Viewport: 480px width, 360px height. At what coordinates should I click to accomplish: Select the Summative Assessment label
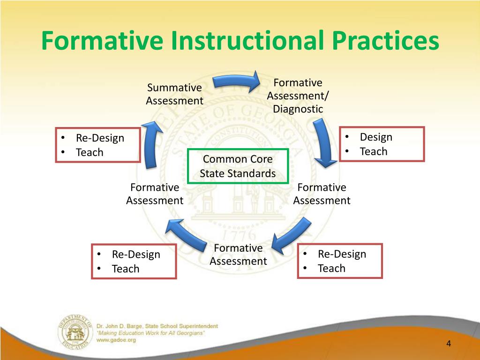point(174,94)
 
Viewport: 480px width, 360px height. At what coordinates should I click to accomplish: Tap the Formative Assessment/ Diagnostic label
point(298,96)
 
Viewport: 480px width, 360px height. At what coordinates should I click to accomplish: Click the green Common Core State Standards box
point(238,166)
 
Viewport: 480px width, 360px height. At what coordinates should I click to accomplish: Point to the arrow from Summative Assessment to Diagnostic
point(236,82)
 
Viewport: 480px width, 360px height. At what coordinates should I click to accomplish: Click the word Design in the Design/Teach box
point(376,137)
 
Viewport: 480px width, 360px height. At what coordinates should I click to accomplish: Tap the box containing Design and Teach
point(382,144)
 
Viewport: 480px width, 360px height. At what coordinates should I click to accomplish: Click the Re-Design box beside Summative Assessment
point(97,145)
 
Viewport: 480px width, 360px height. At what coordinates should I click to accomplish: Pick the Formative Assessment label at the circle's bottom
point(238,255)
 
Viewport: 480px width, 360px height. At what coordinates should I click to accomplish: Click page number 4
point(448,344)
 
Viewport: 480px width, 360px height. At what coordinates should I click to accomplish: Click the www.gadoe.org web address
point(116,340)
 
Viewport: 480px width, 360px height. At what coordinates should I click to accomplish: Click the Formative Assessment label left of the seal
point(155,194)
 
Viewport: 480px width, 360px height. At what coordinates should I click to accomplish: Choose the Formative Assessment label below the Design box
point(322,194)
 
